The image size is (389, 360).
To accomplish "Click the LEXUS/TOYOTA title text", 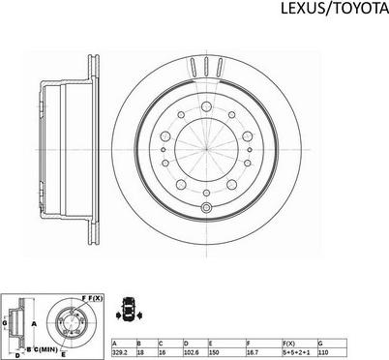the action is point(335,9).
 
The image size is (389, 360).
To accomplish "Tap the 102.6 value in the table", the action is point(195,352).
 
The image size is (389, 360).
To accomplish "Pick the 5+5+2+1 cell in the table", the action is point(300,352).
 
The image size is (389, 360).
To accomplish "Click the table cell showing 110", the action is point(332,352).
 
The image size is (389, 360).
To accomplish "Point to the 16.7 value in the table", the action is point(263,352).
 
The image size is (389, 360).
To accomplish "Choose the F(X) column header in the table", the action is point(300,344).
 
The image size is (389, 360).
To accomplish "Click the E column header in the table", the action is point(226,344).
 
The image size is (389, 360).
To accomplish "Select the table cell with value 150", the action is point(226,352).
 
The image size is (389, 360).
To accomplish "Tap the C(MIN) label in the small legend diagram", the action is point(45,349).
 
